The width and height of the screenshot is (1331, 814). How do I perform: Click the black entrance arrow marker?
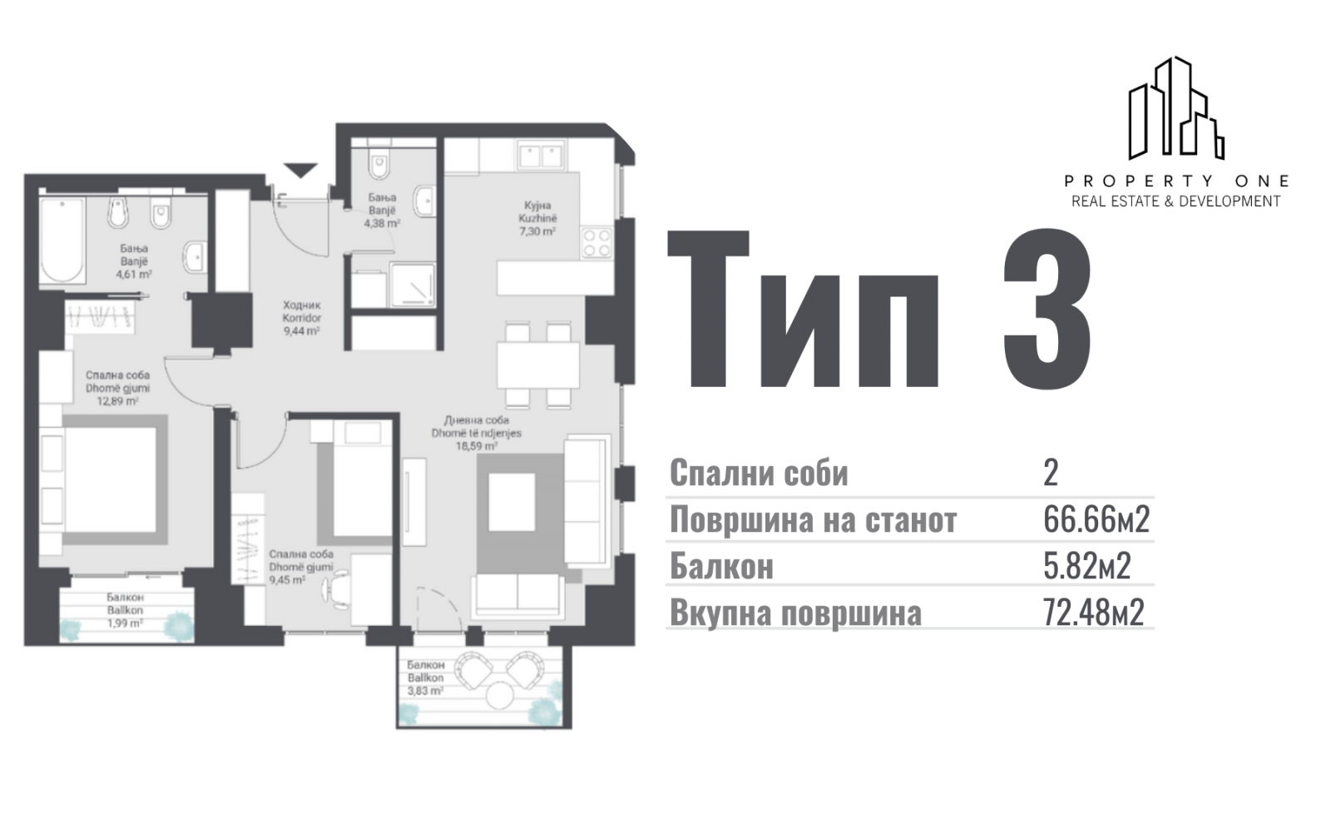[300, 170]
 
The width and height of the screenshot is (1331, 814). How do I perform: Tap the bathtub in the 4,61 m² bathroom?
[62, 241]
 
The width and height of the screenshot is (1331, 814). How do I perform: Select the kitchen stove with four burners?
[596, 243]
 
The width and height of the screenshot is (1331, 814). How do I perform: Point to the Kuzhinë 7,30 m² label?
[537, 218]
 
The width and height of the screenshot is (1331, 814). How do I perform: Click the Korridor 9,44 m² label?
[302, 318]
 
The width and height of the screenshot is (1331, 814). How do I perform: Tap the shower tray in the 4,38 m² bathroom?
[413, 285]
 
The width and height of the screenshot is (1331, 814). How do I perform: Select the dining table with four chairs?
[537, 365]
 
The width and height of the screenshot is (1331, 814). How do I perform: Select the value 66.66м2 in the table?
[1096, 519]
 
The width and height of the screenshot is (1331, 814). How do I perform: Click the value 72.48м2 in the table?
[1093, 612]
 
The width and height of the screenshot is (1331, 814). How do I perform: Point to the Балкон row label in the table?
[721, 565]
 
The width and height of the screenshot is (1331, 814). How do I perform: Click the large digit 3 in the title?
[1046, 309]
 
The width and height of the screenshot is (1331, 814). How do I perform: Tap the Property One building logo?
[1175, 109]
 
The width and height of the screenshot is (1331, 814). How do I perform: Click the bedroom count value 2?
[1051, 474]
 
